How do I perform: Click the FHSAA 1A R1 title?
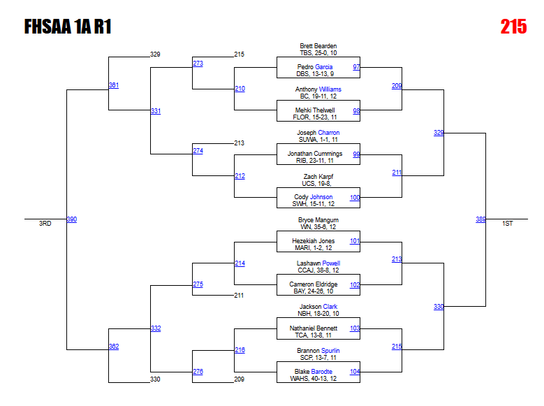click(68, 27)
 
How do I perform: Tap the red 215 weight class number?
click(513, 27)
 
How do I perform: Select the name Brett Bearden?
click(318, 46)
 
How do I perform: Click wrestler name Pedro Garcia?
click(314, 67)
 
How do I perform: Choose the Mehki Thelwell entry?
click(316, 110)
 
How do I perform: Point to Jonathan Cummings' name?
click(315, 154)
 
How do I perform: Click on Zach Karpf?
click(318, 177)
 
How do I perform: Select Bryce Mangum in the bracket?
click(318, 220)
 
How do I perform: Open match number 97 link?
click(356, 67)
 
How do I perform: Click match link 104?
click(355, 372)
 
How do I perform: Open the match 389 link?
click(480, 219)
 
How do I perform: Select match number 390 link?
click(72, 219)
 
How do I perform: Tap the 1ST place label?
click(508, 224)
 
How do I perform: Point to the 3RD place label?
click(45, 224)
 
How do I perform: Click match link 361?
click(114, 85)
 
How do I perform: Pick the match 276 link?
click(198, 372)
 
